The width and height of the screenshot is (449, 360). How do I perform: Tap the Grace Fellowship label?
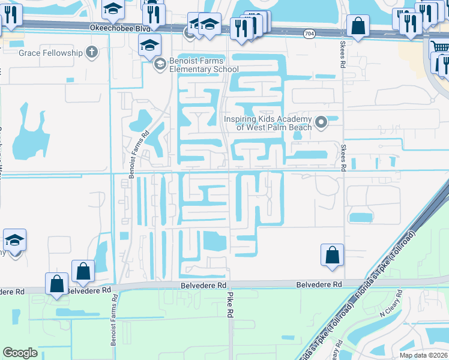pos(50,53)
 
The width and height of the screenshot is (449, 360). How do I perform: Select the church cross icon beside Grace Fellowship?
pos(91,52)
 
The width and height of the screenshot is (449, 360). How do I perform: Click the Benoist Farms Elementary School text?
pos(196,65)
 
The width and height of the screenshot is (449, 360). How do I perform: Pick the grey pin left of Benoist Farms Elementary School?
pos(160,64)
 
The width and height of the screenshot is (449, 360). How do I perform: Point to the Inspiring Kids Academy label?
pos(268,123)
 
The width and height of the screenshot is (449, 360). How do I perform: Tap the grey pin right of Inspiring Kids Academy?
pos(321,123)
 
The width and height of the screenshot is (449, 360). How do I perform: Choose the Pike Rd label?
pos(229,305)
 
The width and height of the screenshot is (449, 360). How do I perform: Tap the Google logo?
pos(20,353)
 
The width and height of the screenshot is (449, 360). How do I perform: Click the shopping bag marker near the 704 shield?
pos(358,26)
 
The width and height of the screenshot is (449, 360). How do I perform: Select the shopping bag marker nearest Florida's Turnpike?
pos(332,255)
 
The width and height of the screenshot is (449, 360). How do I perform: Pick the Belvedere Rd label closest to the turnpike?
pos(319,284)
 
